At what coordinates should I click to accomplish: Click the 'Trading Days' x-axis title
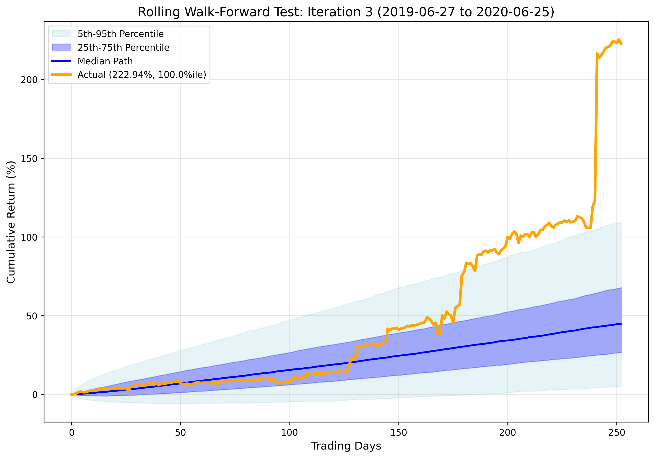click(x=346, y=446)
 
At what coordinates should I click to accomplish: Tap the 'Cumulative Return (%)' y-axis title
click(x=11, y=222)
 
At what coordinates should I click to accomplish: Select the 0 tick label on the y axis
click(x=35, y=395)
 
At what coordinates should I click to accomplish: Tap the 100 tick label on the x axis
click(x=289, y=433)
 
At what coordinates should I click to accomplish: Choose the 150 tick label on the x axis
click(x=398, y=433)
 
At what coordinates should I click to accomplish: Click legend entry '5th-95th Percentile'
click(x=120, y=34)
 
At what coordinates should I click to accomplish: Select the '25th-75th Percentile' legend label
click(x=123, y=47)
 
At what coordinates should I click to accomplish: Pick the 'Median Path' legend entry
click(x=105, y=61)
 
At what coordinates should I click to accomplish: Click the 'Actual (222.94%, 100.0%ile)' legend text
click(x=142, y=75)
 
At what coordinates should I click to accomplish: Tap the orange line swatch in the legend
click(x=61, y=75)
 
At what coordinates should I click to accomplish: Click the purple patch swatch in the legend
click(x=61, y=47)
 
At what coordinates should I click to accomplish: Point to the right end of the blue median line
click(x=621, y=324)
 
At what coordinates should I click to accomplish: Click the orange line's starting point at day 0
click(x=71, y=394)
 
